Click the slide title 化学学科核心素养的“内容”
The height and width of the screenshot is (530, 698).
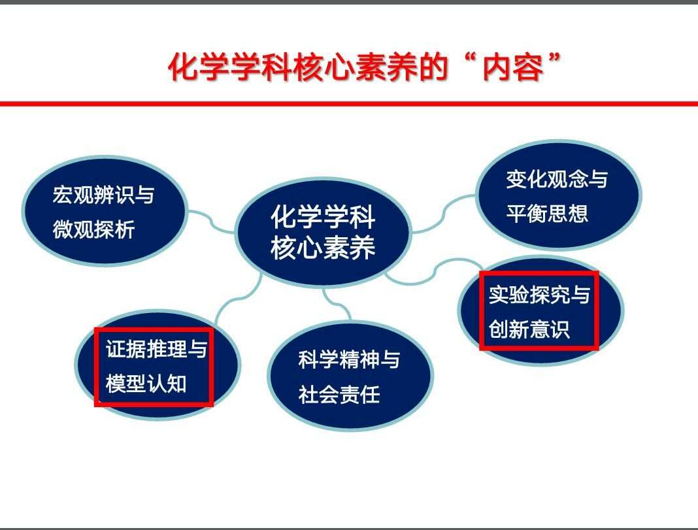coord(363,67)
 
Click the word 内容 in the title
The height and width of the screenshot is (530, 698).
coord(514,68)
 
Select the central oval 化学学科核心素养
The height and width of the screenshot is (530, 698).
coord(323,232)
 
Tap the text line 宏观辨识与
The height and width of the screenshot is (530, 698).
coord(104,195)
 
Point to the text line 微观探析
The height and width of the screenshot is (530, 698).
coord(93,229)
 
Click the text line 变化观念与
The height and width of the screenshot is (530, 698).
coord(557,179)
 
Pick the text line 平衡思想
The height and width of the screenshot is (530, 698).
coord(547,214)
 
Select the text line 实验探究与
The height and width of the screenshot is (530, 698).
coord(540,295)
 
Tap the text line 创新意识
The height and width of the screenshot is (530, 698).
coord(529,329)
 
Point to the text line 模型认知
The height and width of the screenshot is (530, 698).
coord(146,384)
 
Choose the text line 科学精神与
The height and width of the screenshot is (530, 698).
coord(350,359)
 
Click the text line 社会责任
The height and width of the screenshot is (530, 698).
coord(339,395)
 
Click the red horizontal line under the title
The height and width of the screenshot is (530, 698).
coord(349,104)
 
